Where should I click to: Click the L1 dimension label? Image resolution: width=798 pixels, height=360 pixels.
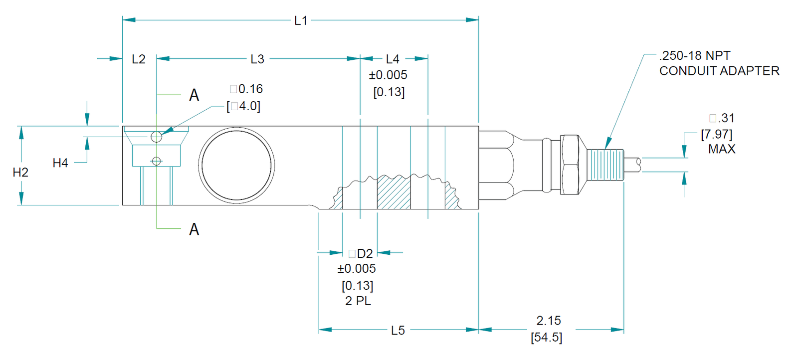pos(301,20)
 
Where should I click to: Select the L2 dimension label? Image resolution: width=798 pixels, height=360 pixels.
pos(139,59)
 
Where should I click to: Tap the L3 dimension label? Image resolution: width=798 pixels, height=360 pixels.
pos(257,59)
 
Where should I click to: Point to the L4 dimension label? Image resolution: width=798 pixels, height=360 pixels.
pos(393,59)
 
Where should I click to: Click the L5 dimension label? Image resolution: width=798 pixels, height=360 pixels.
pos(398,331)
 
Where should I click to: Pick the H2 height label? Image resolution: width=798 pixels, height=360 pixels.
pos(20,173)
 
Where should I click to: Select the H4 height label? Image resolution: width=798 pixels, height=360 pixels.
pos(60,163)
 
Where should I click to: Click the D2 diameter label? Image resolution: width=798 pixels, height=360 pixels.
pos(365,253)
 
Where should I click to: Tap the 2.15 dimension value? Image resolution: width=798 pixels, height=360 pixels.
pos(549,321)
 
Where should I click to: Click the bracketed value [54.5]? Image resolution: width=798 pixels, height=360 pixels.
pos(547,337)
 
